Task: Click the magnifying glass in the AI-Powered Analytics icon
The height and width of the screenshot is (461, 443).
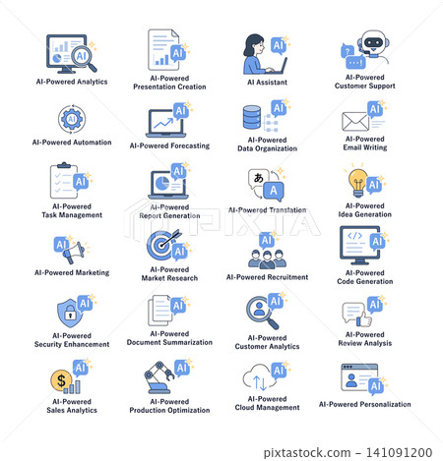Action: (x=82, y=57)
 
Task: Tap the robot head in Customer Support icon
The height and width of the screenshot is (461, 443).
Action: (x=374, y=42)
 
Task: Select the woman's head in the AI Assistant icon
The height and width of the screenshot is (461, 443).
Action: (x=254, y=44)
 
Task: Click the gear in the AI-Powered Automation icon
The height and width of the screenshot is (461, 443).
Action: (x=72, y=119)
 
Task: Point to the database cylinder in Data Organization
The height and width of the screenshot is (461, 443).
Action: (x=252, y=117)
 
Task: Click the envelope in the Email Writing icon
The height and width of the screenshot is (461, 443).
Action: (x=355, y=121)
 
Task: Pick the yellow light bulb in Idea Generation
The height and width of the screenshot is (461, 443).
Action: (x=357, y=182)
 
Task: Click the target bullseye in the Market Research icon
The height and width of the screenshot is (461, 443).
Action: (x=160, y=245)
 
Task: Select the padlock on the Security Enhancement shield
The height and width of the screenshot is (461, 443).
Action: (x=70, y=313)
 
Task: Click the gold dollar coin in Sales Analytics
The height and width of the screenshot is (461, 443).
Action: (x=61, y=380)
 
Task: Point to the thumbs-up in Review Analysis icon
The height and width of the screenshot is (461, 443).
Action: (x=364, y=318)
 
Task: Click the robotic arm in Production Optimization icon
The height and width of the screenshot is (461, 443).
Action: (x=158, y=377)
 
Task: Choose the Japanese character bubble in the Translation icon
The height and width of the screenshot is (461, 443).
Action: (x=259, y=179)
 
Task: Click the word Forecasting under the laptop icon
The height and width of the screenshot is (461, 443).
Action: (x=190, y=145)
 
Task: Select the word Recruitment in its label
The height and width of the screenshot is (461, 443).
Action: (x=287, y=277)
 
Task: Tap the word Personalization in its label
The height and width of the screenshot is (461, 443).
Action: (x=385, y=404)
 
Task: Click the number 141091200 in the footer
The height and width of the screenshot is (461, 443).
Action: (x=399, y=452)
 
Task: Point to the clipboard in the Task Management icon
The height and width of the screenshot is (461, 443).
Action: (x=64, y=181)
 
